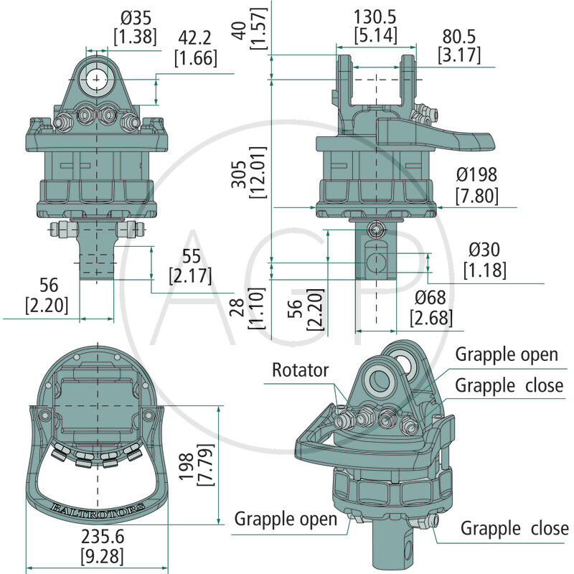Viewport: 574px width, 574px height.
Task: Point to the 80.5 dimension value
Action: [x=459, y=35]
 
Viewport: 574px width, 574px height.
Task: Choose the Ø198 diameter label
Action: [x=476, y=174]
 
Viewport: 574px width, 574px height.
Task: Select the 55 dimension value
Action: [x=191, y=255]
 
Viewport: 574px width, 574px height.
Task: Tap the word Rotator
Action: [x=300, y=370]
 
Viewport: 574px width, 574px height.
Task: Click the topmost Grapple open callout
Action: [x=507, y=355]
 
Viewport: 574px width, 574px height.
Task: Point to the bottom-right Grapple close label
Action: [x=514, y=530]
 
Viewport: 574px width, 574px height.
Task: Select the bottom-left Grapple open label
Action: [x=286, y=519]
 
